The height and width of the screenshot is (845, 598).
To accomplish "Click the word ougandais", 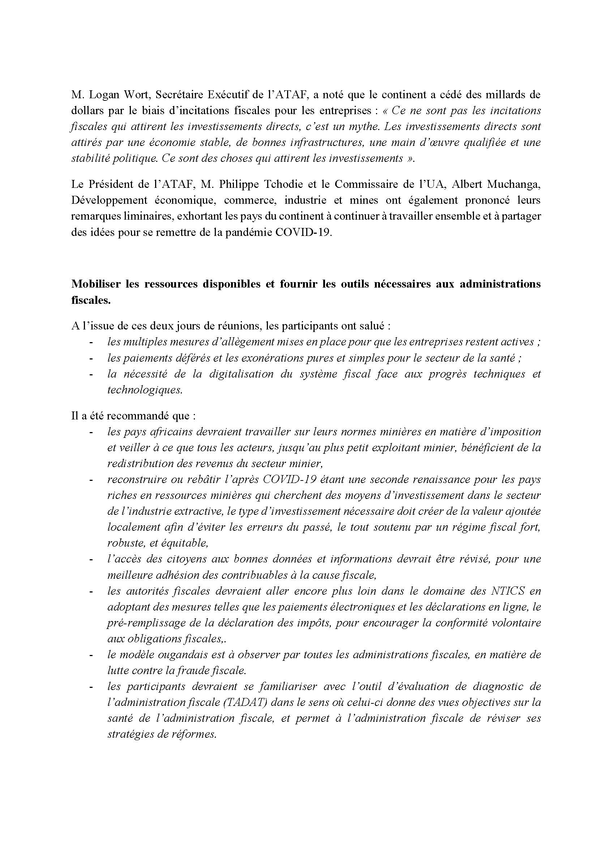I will pyautogui.click(x=184, y=655).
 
